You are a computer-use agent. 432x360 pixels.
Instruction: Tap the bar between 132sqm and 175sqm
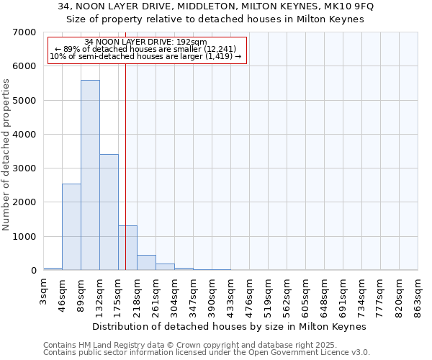109,212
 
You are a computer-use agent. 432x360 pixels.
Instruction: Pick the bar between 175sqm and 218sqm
127,248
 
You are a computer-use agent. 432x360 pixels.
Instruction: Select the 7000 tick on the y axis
24,32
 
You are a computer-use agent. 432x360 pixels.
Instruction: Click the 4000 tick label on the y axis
24,135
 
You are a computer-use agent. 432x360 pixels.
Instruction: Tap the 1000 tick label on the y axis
24,237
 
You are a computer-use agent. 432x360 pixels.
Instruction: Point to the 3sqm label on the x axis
43,294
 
